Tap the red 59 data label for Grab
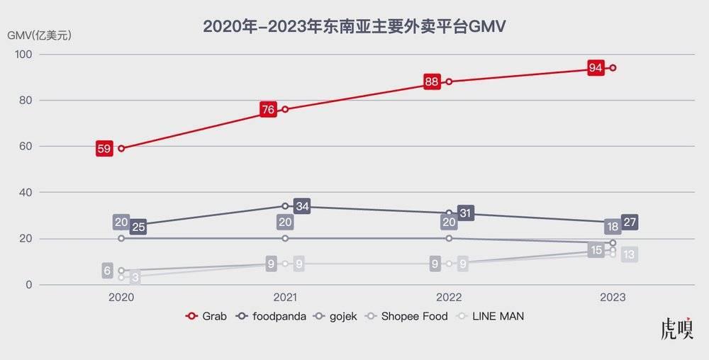point(104,149)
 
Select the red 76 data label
point(268,110)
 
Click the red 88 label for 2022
point(431,81)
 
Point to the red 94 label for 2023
point(596,68)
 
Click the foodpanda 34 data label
point(303,207)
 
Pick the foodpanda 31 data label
point(466,213)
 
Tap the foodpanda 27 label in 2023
point(630,223)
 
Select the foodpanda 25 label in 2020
point(138,227)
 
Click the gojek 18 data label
point(613,227)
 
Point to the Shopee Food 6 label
point(108,270)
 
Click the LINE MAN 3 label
point(134,279)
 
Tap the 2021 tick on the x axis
point(285,298)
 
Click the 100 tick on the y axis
point(23,55)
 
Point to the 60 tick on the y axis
point(26,147)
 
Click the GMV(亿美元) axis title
point(40,34)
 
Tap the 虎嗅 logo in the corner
point(676,330)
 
